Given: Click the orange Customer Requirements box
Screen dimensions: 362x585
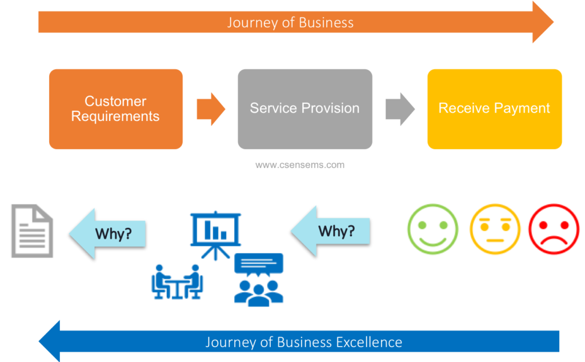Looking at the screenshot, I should point(115,109).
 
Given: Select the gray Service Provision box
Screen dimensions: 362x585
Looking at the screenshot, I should point(304,109).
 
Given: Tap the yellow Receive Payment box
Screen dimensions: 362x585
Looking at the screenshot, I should point(494,109).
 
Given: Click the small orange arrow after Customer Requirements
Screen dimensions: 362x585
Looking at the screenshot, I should point(211,109).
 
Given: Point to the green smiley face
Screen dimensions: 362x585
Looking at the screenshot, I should point(432,229).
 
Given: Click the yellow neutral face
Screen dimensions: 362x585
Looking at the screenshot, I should point(495,229).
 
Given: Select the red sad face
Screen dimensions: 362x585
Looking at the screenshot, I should point(554,229).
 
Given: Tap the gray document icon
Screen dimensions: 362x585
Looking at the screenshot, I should point(33,231).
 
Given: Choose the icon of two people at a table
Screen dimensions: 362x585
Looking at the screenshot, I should point(177,281).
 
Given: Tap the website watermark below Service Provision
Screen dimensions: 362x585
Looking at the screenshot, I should point(299,165).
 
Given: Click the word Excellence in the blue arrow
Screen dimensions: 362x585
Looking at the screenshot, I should point(368,343).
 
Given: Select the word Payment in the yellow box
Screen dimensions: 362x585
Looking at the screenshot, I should point(523,108).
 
